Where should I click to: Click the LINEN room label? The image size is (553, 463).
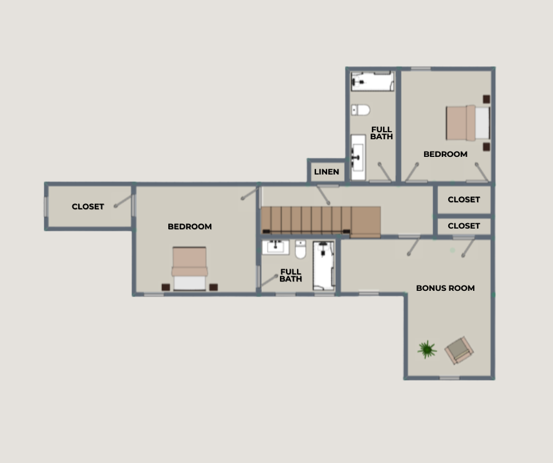pyautogui.click(x=327, y=172)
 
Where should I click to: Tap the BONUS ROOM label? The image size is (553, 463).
pyautogui.click(x=445, y=288)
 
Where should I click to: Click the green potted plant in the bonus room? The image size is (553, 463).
pyautogui.click(x=427, y=349)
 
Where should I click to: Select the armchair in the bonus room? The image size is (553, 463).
pyautogui.click(x=459, y=350)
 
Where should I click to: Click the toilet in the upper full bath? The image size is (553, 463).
pyautogui.click(x=361, y=110)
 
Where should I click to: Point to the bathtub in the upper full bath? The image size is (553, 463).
pyautogui.click(x=372, y=82)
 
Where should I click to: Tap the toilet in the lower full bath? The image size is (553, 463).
pyautogui.click(x=301, y=249)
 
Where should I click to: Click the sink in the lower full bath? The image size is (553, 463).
pyautogui.click(x=275, y=247)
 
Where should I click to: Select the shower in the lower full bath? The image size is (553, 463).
pyautogui.click(x=324, y=266)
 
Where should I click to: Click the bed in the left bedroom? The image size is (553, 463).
pyautogui.click(x=189, y=269)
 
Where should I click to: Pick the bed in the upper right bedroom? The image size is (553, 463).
pyautogui.click(x=468, y=123)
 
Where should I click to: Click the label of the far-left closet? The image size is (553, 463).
pyautogui.click(x=88, y=206)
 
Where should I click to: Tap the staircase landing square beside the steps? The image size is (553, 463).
pyautogui.click(x=366, y=222)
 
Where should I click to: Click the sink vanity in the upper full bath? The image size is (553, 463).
pyautogui.click(x=358, y=157)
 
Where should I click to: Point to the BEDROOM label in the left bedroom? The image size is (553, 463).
pyautogui.click(x=190, y=227)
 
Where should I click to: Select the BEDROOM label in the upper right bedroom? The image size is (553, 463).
pyautogui.click(x=445, y=154)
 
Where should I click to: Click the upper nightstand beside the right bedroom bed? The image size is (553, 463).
pyautogui.click(x=487, y=99)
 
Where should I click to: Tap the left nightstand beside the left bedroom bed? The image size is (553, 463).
pyautogui.click(x=166, y=287)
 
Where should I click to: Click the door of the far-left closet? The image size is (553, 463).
pyautogui.click(x=124, y=201)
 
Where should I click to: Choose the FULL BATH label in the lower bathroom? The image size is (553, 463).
pyautogui.click(x=291, y=275)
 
